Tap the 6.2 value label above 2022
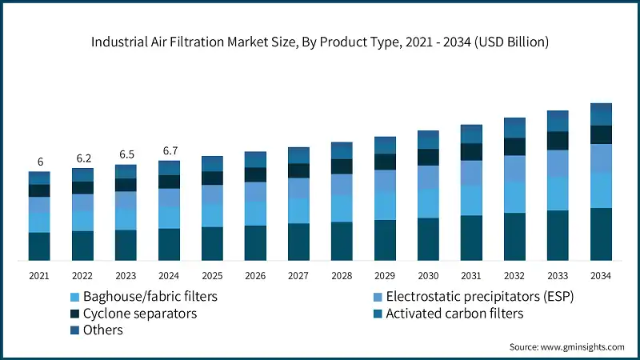pyautogui.click(x=82, y=158)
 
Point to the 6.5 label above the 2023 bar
pyautogui.click(x=126, y=154)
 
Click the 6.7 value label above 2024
pyautogui.click(x=169, y=150)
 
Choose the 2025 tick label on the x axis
pyautogui.click(x=212, y=275)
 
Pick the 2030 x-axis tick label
pyautogui.click(x=428, y=275)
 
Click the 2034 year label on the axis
pyautogui.click(x=601, y=275)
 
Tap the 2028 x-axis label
pyautogui.click(x=342, y=275)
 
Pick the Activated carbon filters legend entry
pyautogui.click(x=454, y=313)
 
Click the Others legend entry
pyautogui.click(x=102, y=330)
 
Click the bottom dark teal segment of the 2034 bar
pyautogui.click(x=601, y=234)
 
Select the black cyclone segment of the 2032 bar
pyautogui.click(x=514, y=146)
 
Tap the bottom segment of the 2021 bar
pyautogui.click(x=39, y=246)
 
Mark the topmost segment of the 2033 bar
pyautogui.click(x=558, y=115)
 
